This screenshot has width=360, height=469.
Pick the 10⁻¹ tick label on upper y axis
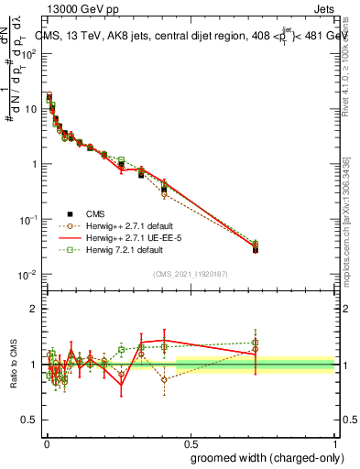pyautogui.click(x=27, y=220)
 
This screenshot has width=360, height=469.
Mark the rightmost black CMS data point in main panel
pyautogui.click(x=256, y=249)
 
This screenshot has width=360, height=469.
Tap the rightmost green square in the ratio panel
pyautogui.click(x=256, y=343)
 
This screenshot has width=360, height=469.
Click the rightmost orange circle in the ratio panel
pyautogui.click(x=256, y=349)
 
